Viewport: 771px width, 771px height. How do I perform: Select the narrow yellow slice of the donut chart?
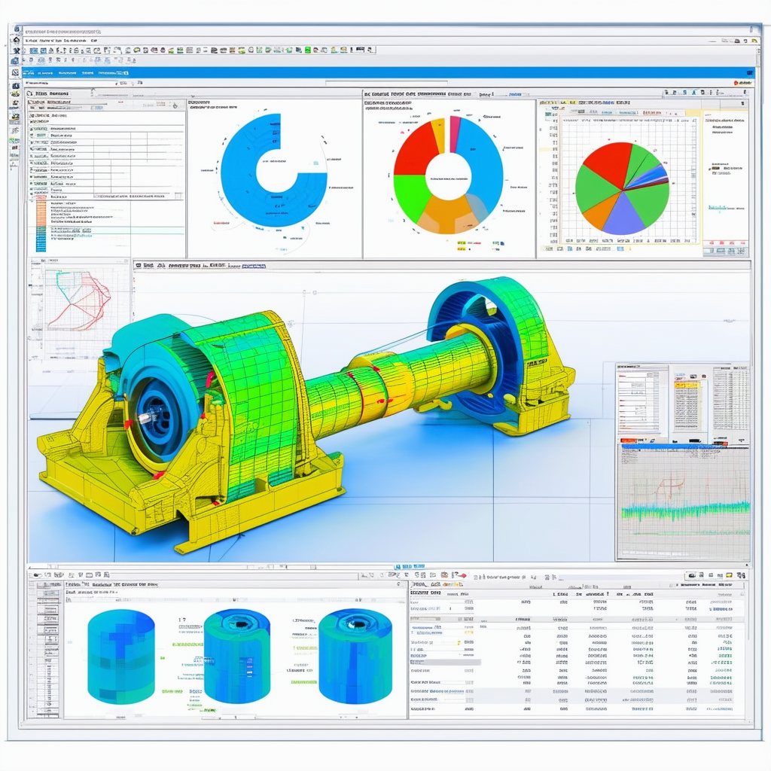pyautogui.click(x=438, y=136)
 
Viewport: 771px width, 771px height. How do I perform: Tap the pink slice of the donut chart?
pyautogui.click(x=454, y=134)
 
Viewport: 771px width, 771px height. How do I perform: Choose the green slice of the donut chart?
pyautogui.click(x=410, y=197)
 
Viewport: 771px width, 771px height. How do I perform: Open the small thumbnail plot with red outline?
pyautogui.click(x=78, y=301)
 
